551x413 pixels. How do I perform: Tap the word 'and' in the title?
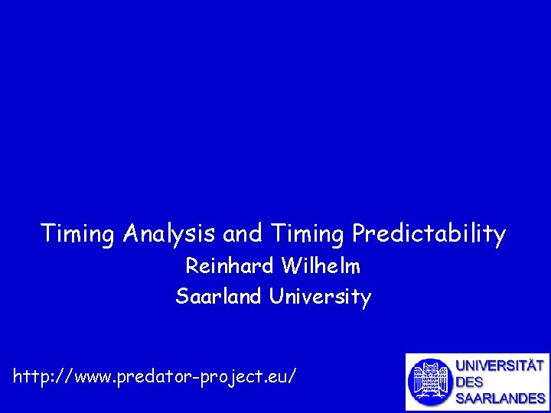tap(242, 233)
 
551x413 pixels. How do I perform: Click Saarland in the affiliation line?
tap(220, 295)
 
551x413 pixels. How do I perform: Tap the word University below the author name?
tap(320, 296)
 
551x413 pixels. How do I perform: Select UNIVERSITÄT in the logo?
tap(500, 366)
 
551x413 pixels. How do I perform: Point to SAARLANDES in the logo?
tap(500, 398)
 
